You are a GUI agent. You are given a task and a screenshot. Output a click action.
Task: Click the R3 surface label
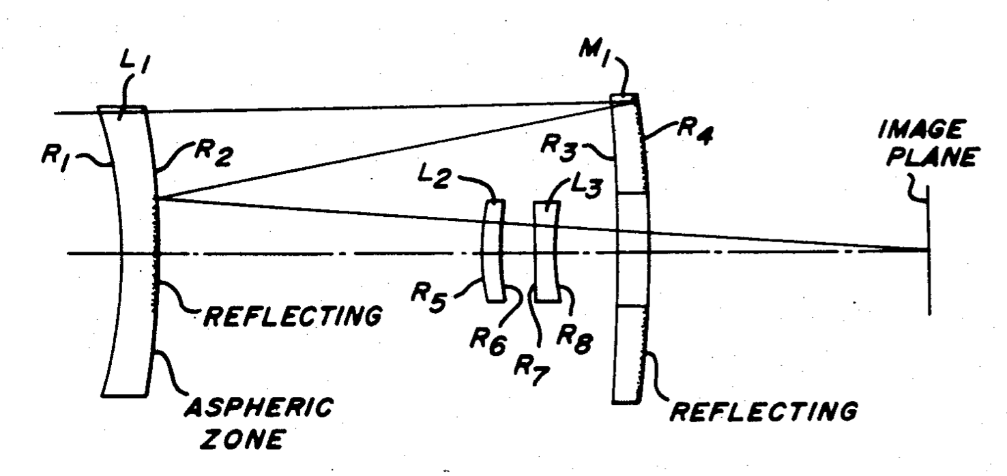click(x=559, y=147)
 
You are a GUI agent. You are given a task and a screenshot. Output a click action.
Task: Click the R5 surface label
click(x=429, y=299)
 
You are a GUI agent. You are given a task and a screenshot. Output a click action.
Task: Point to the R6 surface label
click(x=488, y=342)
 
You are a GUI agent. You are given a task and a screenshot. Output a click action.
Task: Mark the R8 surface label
click(x=575, y=341)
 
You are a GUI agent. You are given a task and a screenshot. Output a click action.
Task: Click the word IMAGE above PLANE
click(x=920, y=130)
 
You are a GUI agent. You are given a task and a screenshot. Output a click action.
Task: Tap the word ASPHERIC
click(x=259, y=407)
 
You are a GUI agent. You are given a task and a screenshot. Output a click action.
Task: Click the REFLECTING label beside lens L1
click(x=293, y=316)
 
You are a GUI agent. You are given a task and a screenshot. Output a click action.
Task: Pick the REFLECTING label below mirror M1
click(x=763, y=411)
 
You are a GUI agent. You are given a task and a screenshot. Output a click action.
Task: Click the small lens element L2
click(x=493, y=251)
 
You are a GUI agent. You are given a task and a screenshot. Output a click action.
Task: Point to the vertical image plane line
click(x=929, y=250)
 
